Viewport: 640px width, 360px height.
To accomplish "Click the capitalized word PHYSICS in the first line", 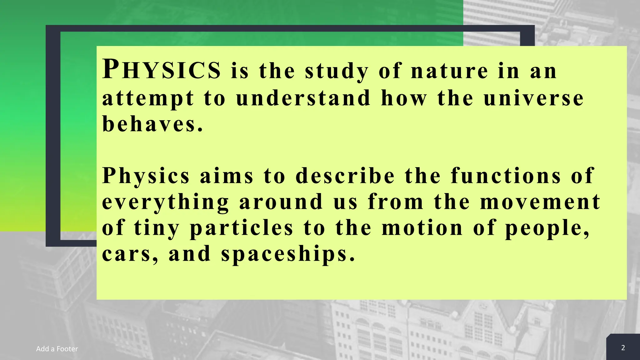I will coord(162,69).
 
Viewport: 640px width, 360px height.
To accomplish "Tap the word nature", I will coord(449,71).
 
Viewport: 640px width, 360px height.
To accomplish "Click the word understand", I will coord(303,98).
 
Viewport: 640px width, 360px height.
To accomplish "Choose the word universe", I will coord(533,98).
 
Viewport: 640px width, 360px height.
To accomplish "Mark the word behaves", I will coord(152,124).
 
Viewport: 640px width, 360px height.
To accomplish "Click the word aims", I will coord(227,176).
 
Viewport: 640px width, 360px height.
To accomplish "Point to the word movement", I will coord(540,202).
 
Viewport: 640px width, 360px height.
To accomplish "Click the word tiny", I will coord(157,228).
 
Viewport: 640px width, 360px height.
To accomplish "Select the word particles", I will coord(242,228).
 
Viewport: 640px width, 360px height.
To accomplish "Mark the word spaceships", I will coord(288,254).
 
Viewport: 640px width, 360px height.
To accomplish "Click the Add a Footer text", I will coord(57,349).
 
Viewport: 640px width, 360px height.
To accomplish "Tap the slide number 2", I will coord(623,348).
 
